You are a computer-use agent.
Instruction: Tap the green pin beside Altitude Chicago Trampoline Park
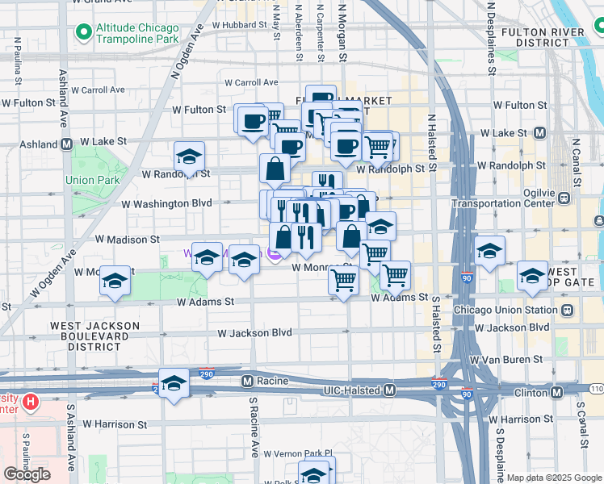click(82, 33)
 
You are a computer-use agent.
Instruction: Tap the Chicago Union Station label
click(505, 310)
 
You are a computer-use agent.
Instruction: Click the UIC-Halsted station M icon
click(390, 390)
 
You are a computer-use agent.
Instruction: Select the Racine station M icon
click(248, 380)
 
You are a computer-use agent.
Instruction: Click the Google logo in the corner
click(27, 474)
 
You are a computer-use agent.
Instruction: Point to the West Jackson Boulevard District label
click(95, 336)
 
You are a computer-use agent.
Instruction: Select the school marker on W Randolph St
click(189, 156)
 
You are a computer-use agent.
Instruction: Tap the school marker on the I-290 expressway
click(174, 383)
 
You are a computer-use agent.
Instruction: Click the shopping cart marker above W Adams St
click(344, 282)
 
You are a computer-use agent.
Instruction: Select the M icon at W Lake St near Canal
click(539, 132)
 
